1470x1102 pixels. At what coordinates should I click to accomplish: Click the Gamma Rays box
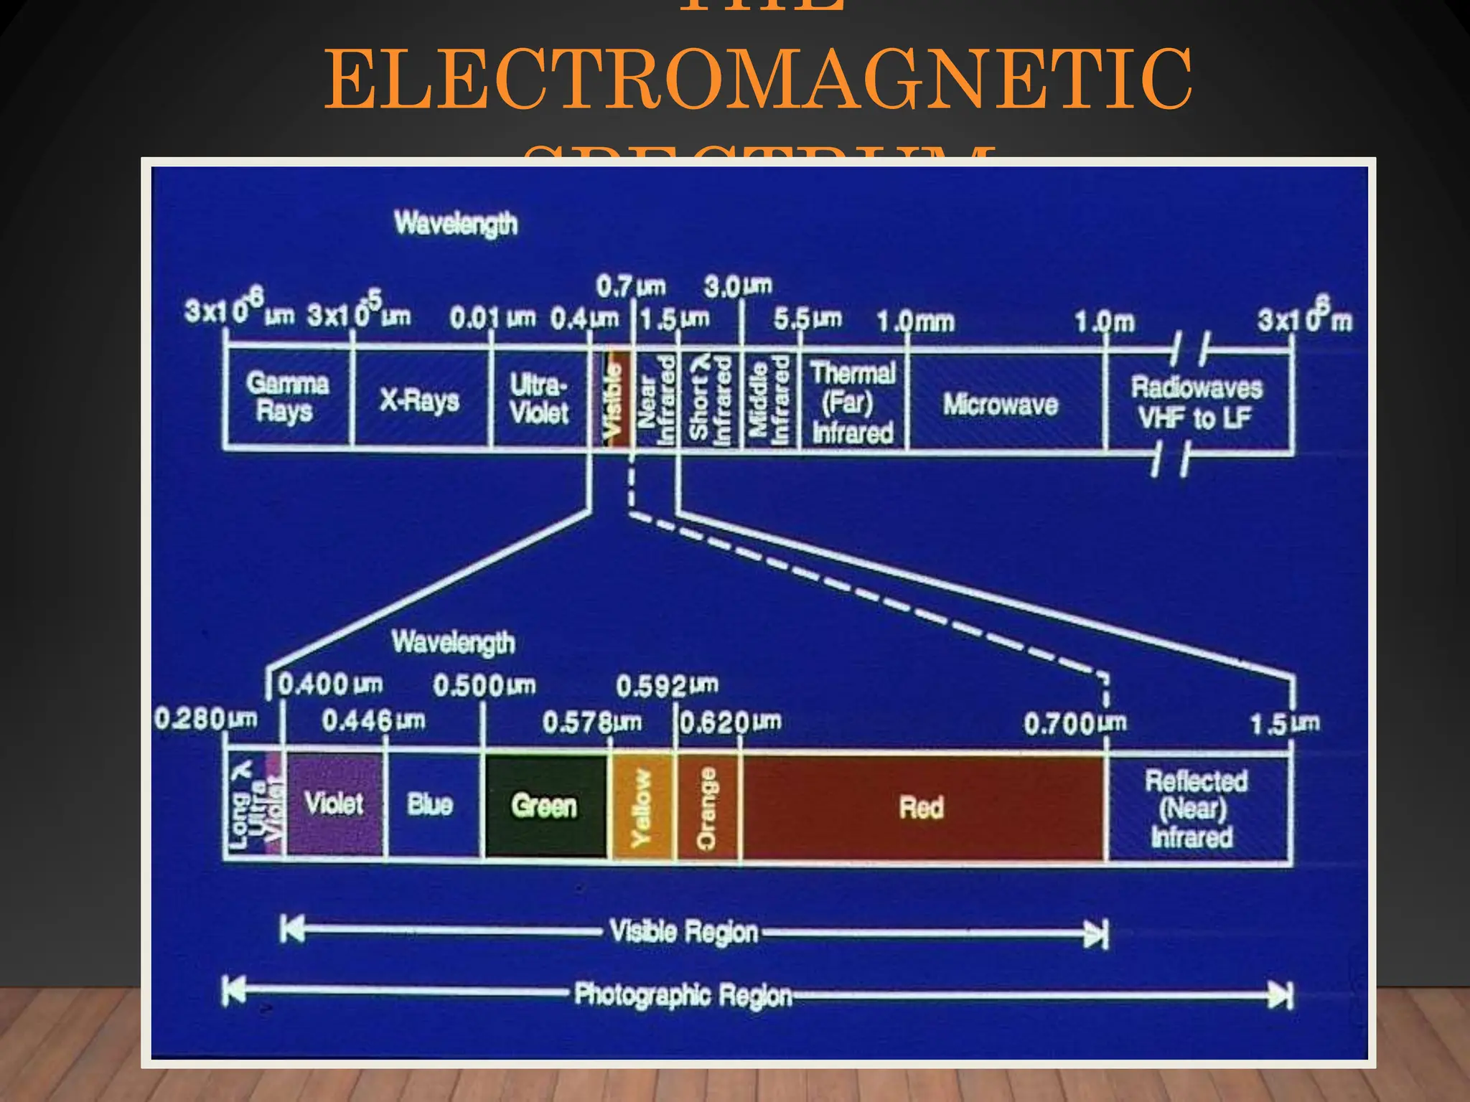click(288, 397)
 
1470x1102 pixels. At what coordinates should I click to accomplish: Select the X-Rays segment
click(420, 399)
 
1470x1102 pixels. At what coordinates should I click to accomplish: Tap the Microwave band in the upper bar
click(1001, 404)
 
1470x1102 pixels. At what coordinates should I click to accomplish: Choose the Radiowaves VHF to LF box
click(1197, 402)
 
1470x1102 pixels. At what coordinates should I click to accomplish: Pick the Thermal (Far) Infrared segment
click(853, 402)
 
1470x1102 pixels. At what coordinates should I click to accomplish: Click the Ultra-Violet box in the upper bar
click(539, 399)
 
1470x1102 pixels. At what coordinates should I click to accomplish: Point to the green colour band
click(545, 806)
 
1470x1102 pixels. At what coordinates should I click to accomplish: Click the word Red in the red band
click(922, 808)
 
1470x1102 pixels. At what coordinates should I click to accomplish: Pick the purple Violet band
click(334, 804)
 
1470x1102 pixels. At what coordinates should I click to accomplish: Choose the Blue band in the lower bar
click(431, 805)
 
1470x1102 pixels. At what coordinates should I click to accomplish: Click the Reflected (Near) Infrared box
click(1195, 809)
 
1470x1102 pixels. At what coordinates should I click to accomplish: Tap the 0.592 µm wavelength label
click(667, 686)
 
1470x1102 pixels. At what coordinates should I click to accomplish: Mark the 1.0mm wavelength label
click(916, 322)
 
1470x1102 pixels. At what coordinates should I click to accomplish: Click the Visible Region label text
click(683, 931)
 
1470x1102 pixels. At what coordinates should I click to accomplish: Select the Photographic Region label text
click(683, 995)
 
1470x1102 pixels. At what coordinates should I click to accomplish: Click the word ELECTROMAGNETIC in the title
click(758, 79)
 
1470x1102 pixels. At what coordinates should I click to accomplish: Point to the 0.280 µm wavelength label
click(206, 718)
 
